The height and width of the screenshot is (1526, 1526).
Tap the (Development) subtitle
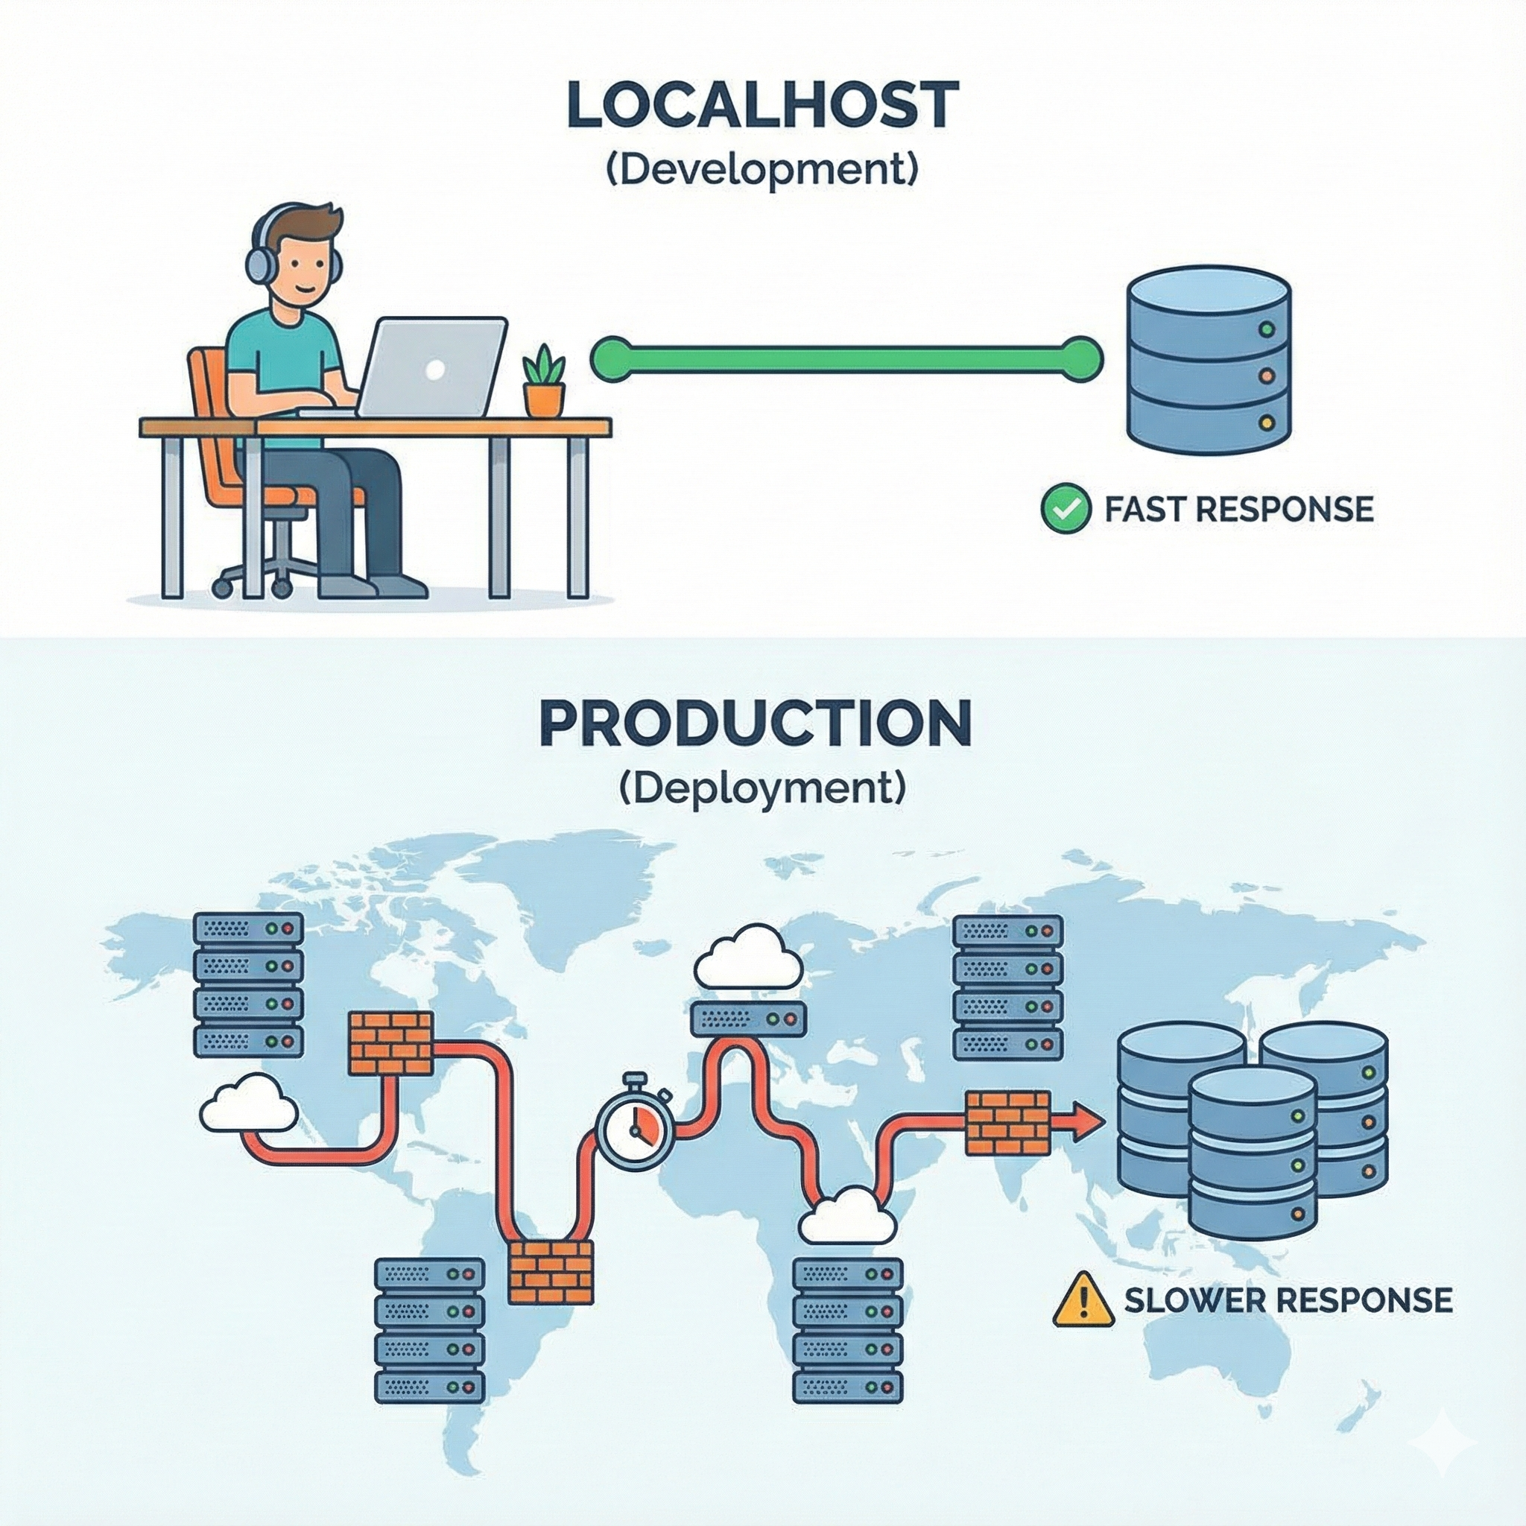[762, 171]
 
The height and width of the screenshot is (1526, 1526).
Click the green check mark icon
[1065, 510]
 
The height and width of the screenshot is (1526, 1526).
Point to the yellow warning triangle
[1083, 1299]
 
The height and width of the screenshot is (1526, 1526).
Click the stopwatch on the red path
[633, 1128]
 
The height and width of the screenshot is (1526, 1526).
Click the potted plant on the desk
[544, 381]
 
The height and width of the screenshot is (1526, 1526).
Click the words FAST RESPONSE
[1238, 510]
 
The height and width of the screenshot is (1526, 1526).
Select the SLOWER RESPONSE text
[1288, 1299]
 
